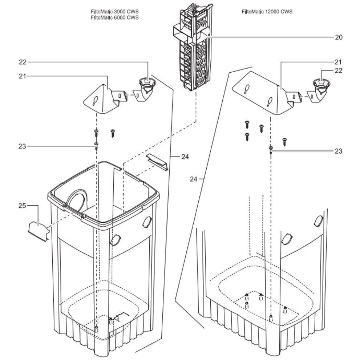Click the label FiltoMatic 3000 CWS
pos(115,12)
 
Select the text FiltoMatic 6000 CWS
pos(115,17)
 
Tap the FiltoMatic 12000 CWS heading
pos(267,12)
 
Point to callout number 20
pos(338,37)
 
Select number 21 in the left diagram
pos(23,76)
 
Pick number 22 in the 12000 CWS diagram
pos(338,71)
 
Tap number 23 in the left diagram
pos(23,146)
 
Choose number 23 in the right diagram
pos(338,151)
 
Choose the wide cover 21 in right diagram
pos(260,93)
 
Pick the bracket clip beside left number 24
pos(157,161)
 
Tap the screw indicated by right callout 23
pos(271,149)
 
